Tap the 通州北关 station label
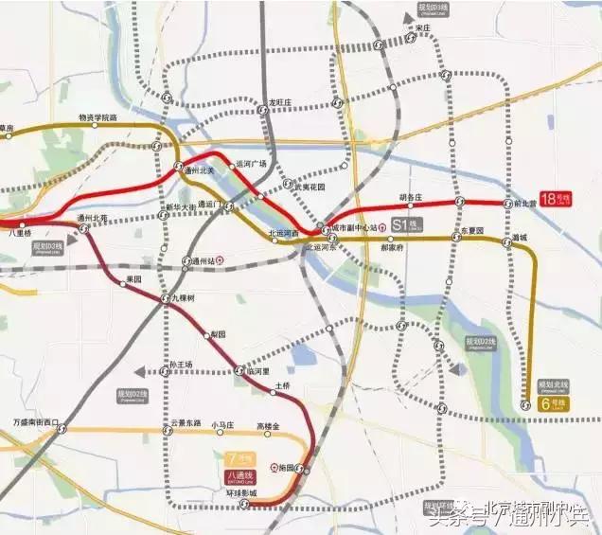200,170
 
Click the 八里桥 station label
20,232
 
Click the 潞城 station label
518,237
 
